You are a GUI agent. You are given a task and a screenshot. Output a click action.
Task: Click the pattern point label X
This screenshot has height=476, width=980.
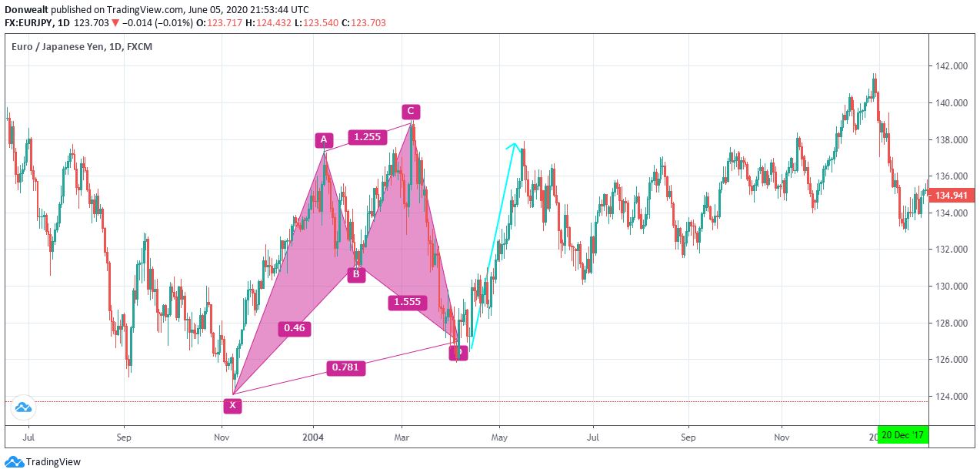point(232,405)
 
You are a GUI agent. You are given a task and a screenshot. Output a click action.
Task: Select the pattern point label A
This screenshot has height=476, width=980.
point(324,140)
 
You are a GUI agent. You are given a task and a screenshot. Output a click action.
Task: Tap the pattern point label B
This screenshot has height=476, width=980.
point(355,274)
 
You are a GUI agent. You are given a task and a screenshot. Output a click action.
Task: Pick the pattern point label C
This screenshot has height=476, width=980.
point(411,112)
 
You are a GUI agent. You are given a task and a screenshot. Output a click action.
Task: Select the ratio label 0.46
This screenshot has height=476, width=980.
point(294,328)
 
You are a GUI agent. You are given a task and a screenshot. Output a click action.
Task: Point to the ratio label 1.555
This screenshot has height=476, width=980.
point(407,302)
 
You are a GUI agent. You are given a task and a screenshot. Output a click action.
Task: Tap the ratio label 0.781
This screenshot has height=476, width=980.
point(344,367)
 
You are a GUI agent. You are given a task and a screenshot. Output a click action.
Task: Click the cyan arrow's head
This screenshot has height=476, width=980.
point(514,145)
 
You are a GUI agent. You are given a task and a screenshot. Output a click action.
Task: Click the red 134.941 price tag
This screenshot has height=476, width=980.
point(951,196)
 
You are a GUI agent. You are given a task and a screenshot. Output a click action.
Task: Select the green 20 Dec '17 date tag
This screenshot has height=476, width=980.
point(903,435)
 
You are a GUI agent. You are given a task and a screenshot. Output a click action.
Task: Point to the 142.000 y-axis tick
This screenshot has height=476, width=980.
point(950,66)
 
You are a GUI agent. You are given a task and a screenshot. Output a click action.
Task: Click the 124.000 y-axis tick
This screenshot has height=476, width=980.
point(950,397)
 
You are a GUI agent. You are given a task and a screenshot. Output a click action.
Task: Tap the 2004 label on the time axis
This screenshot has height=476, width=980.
point(313,437)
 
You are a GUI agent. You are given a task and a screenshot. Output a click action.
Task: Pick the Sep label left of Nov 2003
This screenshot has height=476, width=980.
point(124,437)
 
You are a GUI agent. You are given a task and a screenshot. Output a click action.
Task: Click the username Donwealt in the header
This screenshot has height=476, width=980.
point(29,9)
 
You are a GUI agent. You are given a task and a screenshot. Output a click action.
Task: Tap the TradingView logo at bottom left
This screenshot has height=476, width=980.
point(43,462)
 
